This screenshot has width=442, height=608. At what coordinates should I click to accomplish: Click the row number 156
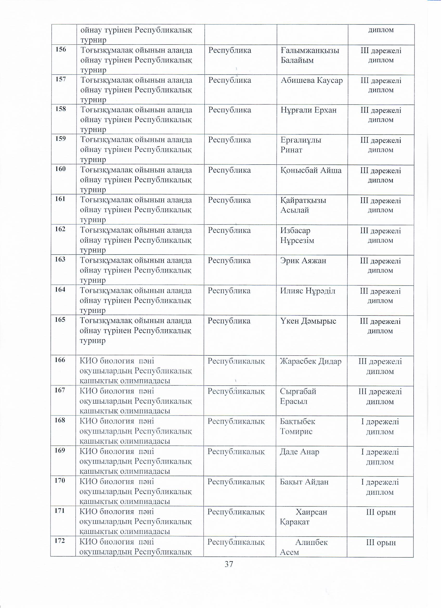click(61, 50)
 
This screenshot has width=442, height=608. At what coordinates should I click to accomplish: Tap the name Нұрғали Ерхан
click(309, 110)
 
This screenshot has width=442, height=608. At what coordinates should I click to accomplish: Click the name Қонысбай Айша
click(311, 170)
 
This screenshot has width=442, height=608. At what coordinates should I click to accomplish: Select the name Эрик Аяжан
click(303, 260)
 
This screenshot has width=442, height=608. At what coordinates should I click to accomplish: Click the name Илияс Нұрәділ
click(308, 290)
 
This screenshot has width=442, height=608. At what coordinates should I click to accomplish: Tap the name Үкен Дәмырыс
click(308, 321)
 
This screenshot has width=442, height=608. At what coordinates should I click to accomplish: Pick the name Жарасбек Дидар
click(311, 361)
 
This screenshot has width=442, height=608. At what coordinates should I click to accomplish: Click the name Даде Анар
click(300, 452)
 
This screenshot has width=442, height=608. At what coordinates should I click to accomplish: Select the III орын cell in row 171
click(381, 512)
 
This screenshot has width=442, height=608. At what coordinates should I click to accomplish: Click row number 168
click(60, 420)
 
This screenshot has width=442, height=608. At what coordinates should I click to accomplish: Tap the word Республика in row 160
click(229, 170)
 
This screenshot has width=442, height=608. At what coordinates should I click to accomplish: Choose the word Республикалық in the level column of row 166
click(236, 361)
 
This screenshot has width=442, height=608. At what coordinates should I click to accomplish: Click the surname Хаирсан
click(311, 512)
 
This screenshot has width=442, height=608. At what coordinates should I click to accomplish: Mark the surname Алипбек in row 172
click(311, 542)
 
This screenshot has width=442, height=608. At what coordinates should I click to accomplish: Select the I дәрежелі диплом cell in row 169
click(380, 457)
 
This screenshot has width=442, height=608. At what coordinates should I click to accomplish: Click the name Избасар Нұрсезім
click(297, 235)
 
